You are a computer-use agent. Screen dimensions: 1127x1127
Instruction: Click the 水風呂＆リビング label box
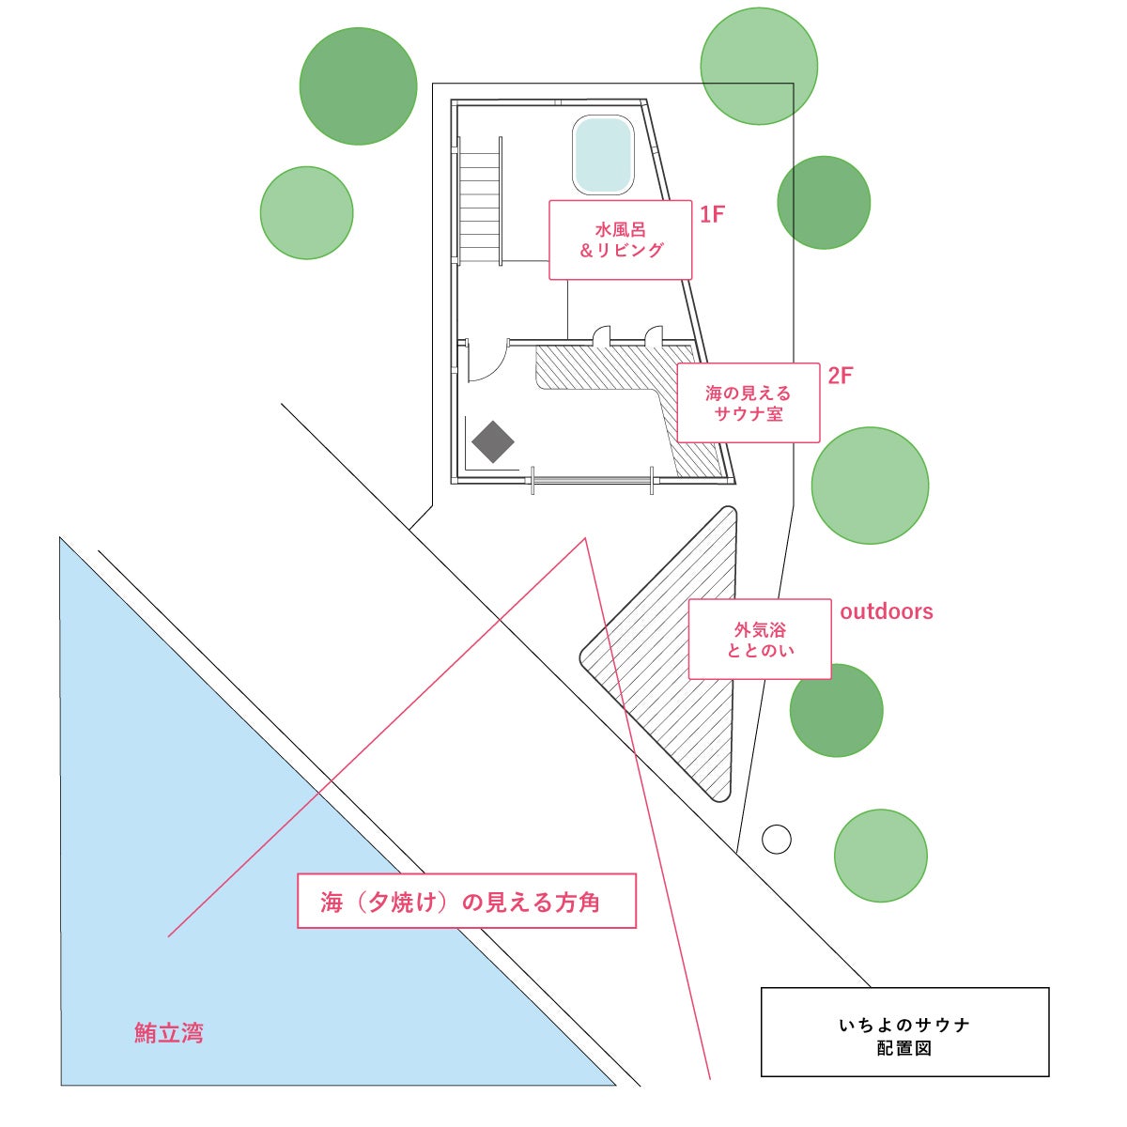[x=620, y=239]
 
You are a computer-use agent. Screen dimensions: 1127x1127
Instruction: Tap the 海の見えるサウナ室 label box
[x=748, y=403]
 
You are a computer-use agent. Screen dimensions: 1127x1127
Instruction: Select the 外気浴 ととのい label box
[x=759, y=640]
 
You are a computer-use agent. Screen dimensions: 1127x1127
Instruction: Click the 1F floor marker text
[x=712, y=214]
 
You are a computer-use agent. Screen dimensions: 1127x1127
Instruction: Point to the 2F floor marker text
[x=840, y=376]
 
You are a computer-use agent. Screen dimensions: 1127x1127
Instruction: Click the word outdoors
[x=886, y=611]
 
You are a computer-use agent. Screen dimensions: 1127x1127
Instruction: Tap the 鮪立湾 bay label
[x=169, y=1034]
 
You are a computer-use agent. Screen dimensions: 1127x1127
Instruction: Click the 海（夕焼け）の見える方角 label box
[x=466, y=902]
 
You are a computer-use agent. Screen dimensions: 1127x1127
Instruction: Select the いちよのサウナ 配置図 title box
[x=903, y=1032]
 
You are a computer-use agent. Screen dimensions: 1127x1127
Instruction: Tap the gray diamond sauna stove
[x=493, y=441]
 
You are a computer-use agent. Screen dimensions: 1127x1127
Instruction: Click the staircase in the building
[x=479, y=202]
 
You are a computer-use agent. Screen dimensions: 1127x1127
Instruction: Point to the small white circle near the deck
[x=776, y=839]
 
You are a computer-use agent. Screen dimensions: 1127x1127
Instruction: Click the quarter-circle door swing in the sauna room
[x=485, y=363]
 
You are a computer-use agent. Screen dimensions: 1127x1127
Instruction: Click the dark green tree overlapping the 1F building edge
[x=824, y=203]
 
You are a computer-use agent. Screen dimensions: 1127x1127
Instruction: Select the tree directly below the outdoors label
[x=836, y=711]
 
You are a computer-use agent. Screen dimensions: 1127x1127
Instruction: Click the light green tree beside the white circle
[x=880, y=856]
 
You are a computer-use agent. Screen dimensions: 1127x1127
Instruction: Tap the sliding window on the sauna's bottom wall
[x=593, y=480]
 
